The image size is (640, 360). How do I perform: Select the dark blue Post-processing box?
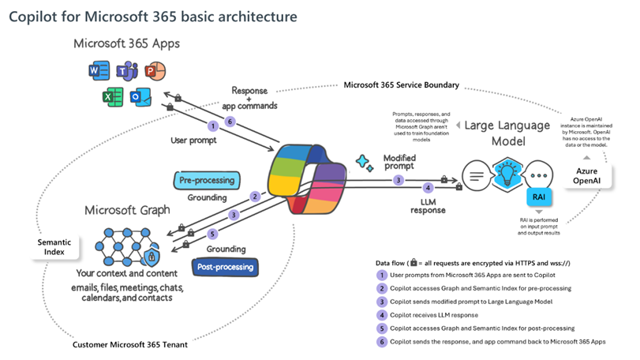point(225,267)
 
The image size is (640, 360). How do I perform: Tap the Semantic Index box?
point(55,245)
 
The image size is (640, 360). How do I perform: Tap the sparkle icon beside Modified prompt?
point(364,162)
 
